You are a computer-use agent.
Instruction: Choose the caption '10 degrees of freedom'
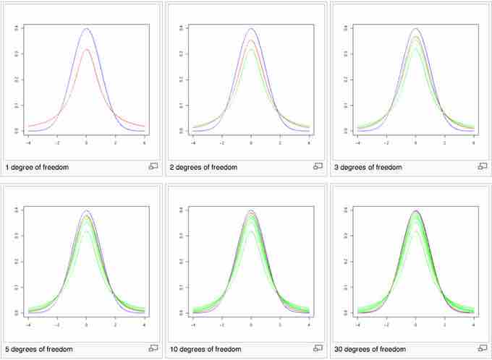click(205, 349)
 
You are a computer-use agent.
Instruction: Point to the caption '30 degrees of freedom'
click(370, 349)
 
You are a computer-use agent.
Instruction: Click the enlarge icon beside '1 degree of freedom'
click(153, 166)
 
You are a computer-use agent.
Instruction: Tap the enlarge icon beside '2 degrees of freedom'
click(318, 166)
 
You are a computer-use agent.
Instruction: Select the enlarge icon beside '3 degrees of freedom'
click(483, 166)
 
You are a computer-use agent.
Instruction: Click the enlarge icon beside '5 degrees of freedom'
click(153, 348)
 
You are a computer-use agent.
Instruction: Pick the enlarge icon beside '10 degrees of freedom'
click(318, 348)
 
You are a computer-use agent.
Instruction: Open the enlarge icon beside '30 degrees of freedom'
click(483, 348)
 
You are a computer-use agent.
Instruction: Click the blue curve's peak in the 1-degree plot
click(87, 29)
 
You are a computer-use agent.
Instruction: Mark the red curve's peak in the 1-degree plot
click(87, 49)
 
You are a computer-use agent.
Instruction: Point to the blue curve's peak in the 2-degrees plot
click(251, 29)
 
